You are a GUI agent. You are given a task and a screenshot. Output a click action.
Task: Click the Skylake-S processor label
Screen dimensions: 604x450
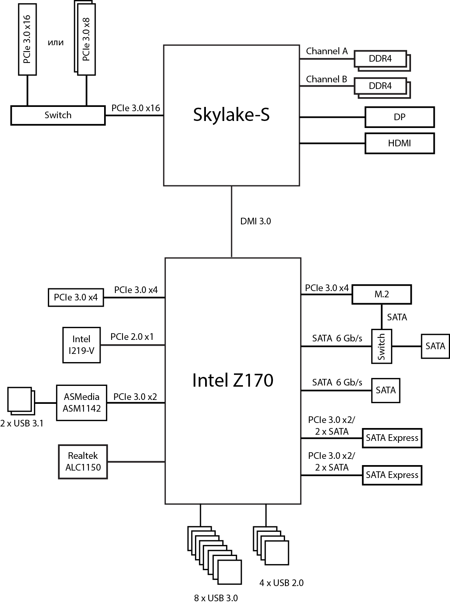(x=231, y=115)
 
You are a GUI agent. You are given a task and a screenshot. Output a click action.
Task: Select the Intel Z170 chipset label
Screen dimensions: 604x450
(x=232, y=380)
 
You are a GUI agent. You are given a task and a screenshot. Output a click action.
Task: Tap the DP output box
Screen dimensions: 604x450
(x=399, y=117)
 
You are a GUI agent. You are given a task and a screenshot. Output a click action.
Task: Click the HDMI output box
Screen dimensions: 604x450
(x=399, y=143)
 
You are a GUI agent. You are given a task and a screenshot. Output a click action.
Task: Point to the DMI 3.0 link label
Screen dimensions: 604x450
(x=255, y=221)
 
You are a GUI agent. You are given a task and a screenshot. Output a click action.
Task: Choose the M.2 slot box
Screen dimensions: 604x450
(x=381, y=295)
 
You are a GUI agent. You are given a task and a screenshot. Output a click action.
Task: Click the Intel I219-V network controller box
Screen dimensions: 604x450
(x=81, y=345)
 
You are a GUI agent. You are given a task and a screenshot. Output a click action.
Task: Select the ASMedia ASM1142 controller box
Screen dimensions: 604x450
(x=81, y=403)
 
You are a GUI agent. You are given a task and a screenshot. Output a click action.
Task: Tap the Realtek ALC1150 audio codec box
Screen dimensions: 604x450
(x=83, y=462)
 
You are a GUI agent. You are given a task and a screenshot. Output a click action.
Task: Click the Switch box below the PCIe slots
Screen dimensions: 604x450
(x=58, y=115)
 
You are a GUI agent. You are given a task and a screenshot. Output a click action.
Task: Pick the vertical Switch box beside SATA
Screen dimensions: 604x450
(x=381, y=346)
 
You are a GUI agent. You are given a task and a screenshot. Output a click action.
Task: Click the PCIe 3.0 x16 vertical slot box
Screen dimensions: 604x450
(x=27, y=39)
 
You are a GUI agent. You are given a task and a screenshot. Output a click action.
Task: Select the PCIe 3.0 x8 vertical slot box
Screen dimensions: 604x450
(x=86, y=39)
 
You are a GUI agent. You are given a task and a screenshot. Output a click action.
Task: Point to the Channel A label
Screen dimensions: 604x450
(x=327, y=51)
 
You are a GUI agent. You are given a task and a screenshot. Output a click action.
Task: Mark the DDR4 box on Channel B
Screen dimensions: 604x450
(x=380, y=86)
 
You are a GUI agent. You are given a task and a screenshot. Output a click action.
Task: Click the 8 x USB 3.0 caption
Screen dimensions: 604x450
(x=216, y=598)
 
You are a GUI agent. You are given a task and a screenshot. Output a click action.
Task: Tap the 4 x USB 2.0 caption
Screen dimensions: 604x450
(x=281, y=583)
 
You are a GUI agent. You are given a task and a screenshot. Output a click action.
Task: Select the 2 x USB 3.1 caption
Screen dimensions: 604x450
(x=22, y=423)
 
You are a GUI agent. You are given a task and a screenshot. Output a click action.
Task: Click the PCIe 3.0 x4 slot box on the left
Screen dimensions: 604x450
(x=76, y=297)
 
